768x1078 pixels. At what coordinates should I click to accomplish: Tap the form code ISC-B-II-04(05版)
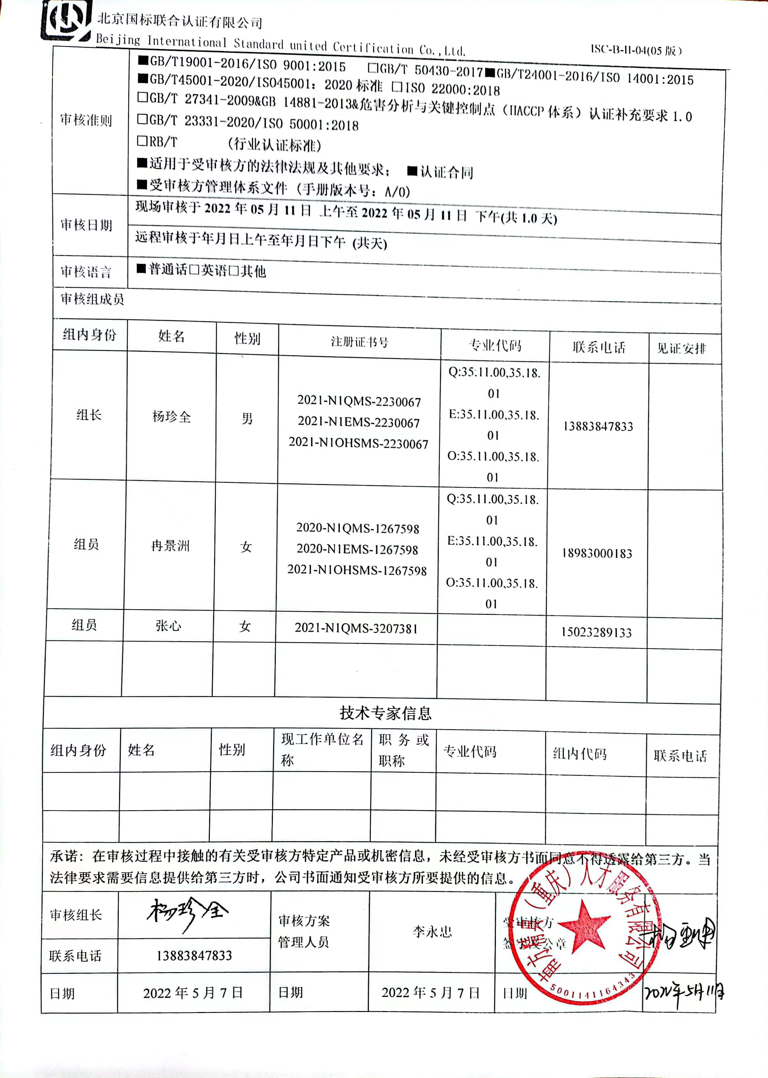point(636,49)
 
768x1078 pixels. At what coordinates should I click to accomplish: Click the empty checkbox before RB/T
point(142,141)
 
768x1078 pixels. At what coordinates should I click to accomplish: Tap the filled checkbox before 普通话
point(141,269)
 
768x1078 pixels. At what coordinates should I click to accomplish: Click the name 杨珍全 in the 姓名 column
point(171,417)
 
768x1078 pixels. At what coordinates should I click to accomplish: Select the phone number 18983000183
point(597,553)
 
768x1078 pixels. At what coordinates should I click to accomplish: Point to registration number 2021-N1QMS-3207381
point(356,628)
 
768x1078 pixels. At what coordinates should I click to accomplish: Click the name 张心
point(168,626)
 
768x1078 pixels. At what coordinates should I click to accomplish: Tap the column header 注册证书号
point(359,342)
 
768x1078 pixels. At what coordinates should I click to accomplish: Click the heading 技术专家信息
point(385,713)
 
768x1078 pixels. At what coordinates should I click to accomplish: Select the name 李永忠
point(432,932)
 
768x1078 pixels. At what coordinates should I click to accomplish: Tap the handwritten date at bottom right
point(683,993)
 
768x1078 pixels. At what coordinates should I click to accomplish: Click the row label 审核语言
point(86,272)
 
